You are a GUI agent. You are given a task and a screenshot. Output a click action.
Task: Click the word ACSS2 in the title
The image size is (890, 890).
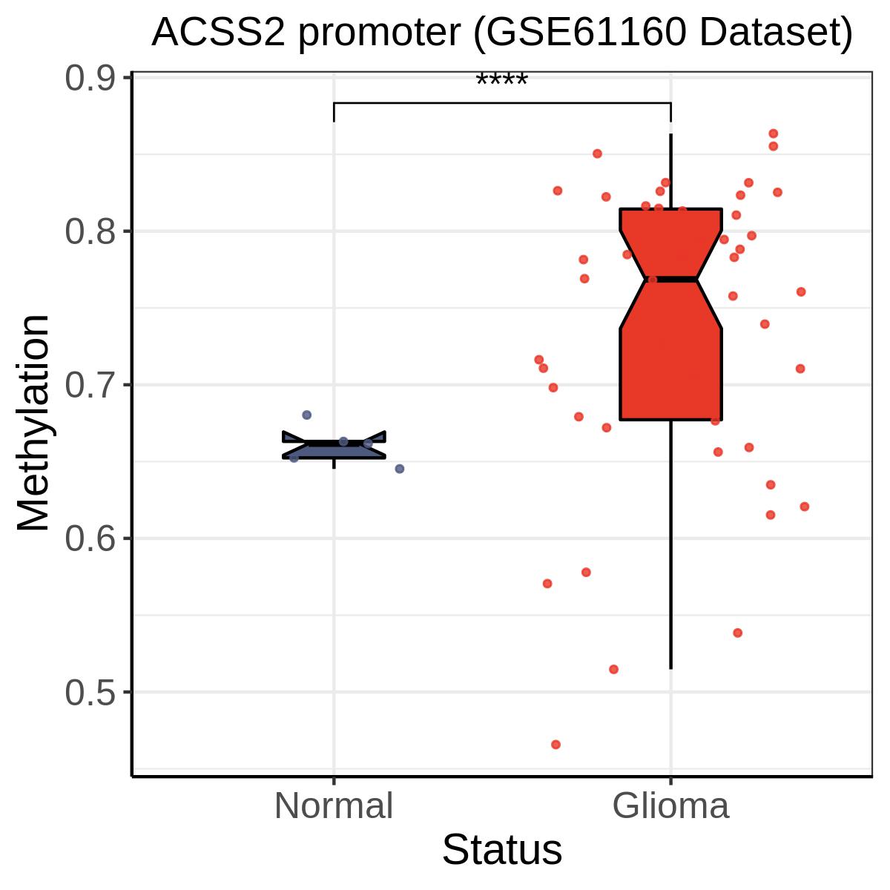pyautogui.click(x=218, y=33)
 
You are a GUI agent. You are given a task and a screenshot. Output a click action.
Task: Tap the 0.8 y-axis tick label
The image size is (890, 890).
pyautogui.click(x=90, y=231)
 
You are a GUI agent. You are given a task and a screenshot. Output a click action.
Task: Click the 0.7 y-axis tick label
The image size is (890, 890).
pyautogui.click(x=90, y=385)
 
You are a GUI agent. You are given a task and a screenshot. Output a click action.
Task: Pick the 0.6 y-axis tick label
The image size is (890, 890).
pyautogui.click(x=90, y=538)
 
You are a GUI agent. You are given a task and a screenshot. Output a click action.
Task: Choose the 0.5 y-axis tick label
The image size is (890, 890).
pyautogui.click(x=90, y=692)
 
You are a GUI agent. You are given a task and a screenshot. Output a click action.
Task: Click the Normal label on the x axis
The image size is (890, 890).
pyautogui.click(x=334, y=805)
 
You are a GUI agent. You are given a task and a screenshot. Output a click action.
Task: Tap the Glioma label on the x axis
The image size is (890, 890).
pyautogui.click(x=670, y=805)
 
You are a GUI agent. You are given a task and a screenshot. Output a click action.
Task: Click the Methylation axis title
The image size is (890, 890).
pyautogui.click(x=33, y=423)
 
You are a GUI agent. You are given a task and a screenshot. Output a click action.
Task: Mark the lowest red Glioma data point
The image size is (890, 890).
pyautogui.click(x=556, y=745)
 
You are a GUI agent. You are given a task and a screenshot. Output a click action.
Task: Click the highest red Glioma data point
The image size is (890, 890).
pyautogui.click(x=774, y=134)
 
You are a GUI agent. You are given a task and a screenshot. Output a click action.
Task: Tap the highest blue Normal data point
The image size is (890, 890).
pyautogui.click(x=306, y=415)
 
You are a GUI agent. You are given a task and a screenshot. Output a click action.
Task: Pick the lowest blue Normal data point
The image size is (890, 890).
pyautogui.click(x=400, y=469)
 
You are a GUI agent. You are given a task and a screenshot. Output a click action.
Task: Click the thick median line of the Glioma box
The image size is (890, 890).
pyautogui.click(x=670, y=280)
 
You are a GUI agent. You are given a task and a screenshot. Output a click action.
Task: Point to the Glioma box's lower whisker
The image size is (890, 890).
pyautogui.click(x=670, y=544)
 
